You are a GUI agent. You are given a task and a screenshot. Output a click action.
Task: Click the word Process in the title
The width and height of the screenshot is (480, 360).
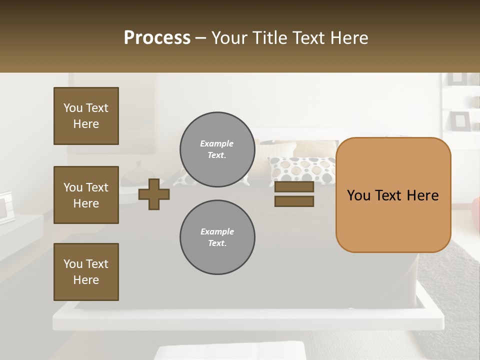coord(157,38)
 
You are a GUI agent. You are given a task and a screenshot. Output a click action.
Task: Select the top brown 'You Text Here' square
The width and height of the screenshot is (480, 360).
coord(86,116)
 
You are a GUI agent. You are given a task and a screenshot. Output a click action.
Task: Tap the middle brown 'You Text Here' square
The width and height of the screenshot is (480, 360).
coord(86,195)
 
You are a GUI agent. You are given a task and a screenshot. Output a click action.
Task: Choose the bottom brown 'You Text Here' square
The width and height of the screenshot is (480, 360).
coord(86,272)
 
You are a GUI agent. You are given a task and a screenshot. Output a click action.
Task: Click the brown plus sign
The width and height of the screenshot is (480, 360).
coord(154,194)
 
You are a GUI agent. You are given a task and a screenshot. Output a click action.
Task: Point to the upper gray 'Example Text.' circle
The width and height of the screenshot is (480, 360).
coord(217,149)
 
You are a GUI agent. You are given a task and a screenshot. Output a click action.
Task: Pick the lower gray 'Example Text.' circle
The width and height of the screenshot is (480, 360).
coord(217,237)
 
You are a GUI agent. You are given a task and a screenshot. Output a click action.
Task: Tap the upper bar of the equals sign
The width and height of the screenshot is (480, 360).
coord(294,187)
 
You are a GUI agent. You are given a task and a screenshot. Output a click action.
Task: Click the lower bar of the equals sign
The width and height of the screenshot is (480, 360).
coord(294,201)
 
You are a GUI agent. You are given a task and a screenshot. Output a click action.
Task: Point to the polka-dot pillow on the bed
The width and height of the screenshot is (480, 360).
coord(302,170)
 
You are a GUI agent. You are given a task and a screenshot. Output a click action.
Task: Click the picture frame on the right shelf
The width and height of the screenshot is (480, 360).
coord(459,120)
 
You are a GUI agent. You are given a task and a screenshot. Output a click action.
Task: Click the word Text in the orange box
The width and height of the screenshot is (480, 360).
coord(388,195)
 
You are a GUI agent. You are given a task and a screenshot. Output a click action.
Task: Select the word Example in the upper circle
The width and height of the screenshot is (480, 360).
coord(216,143)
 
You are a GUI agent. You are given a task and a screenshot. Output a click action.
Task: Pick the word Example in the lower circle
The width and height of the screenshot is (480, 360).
coord(217,231)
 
